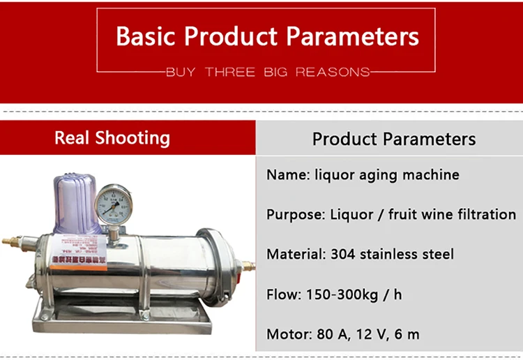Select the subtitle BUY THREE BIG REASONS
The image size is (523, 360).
click(268, 72)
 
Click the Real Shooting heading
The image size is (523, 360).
click(112, 137)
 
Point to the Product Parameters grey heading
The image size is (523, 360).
click(394, 139)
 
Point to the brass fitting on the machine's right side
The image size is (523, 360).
click(245, 265)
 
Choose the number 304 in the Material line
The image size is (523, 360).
click(338, 255)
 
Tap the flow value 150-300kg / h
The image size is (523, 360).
click(354, 294)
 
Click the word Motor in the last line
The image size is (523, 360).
click(285, 334)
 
